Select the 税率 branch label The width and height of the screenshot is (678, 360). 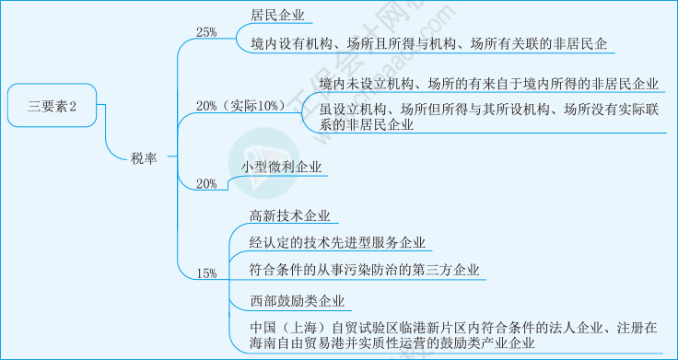143,158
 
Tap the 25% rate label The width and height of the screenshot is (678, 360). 206,32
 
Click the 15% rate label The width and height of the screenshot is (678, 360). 206,273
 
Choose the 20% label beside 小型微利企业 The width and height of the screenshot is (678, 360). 206,184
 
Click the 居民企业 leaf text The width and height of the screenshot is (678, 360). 277,16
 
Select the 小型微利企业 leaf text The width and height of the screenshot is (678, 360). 282,167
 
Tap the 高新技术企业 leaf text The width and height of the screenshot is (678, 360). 288,216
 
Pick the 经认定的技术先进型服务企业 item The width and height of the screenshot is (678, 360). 337,243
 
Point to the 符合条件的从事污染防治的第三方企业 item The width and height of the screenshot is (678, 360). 365,271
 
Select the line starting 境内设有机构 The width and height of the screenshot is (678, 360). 428,43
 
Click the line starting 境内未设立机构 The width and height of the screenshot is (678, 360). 488,85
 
